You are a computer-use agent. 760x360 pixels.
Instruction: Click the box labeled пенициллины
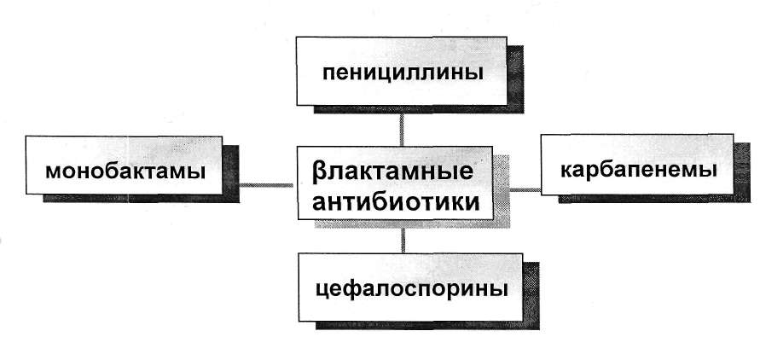tap(403, 71)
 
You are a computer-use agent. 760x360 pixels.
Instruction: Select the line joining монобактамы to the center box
tap(264, 182)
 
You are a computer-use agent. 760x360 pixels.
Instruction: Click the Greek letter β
tap(318, 172)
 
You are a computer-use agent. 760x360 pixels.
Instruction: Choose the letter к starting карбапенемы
tap(567, 168)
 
